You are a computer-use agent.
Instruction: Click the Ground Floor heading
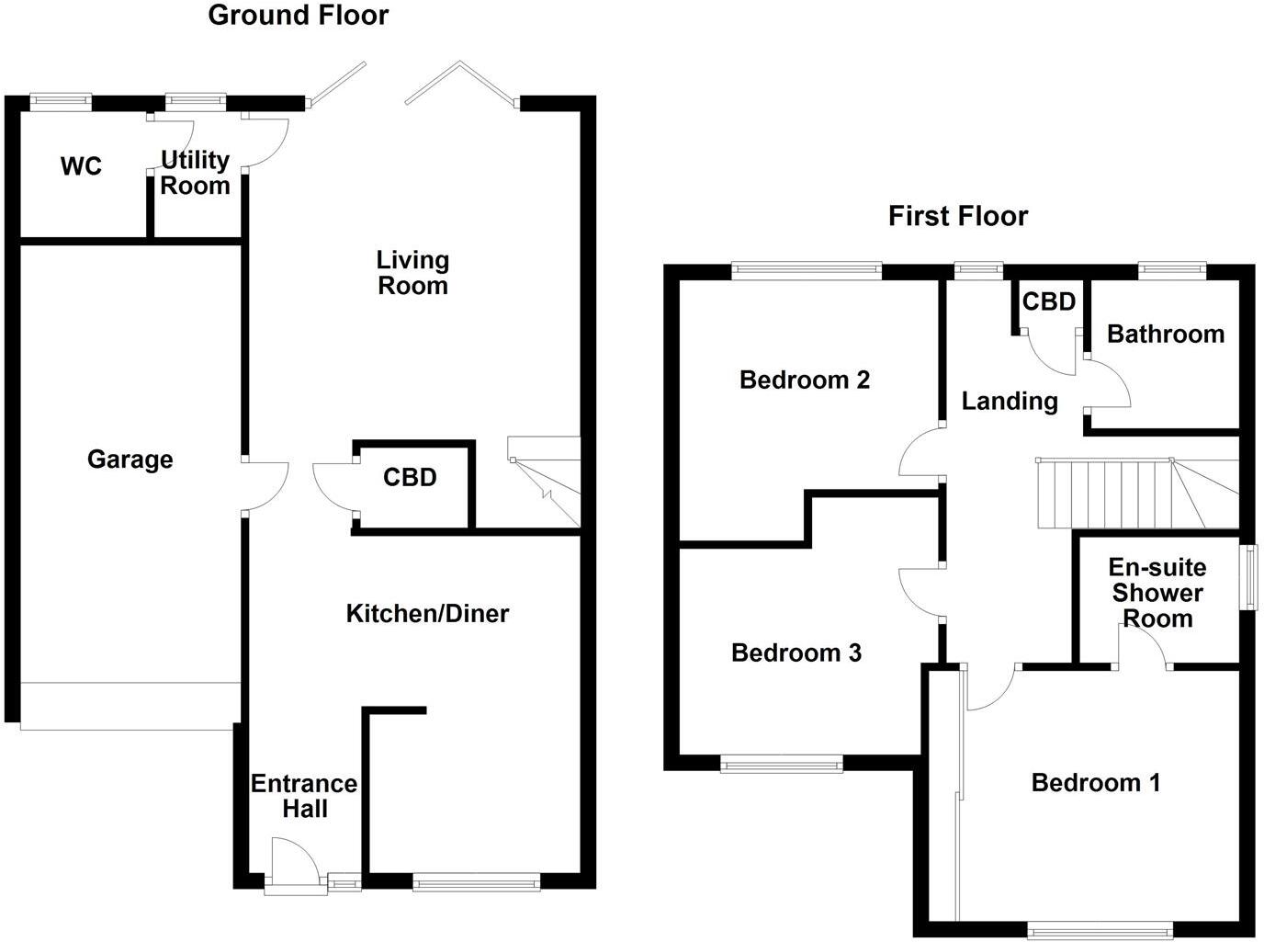coord(298,16)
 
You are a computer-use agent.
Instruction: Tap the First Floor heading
coord(957,216)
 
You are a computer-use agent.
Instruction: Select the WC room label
coord(81,167)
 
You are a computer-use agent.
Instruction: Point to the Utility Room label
coord(195,173)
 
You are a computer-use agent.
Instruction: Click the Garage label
coord(130,460)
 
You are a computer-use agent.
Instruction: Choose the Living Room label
coord(412,273)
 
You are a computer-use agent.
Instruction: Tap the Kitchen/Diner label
coord(427,614)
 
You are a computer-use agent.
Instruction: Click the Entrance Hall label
coord(304,796)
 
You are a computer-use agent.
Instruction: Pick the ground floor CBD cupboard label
coord(410,478)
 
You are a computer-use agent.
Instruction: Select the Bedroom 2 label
coord(805,380)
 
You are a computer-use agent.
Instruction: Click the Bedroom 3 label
coord(796,653)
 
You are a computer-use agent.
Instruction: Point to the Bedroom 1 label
coord(1096,783)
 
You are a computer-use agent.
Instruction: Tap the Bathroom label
coord(1166,335)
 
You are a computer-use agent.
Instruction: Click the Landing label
coord(1010,402)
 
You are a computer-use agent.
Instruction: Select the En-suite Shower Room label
coord(1157,593)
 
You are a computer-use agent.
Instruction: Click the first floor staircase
coord(1102,494)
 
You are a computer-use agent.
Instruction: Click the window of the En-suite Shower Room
coord(1249,577)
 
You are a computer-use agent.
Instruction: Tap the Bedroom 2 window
coord(807,270)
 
